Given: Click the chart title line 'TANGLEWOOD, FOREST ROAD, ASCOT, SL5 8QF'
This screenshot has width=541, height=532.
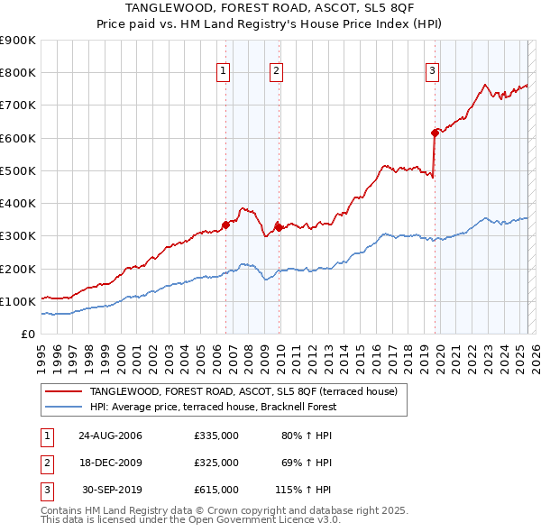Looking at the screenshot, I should tap(270, 7).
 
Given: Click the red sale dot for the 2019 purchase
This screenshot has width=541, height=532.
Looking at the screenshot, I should tap(435, 133).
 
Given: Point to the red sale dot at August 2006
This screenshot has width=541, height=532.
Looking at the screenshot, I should tap(226, 225).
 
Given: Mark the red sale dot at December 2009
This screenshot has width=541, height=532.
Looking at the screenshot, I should tap(280, 227).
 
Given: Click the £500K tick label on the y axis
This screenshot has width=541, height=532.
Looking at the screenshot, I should tap(18, 170).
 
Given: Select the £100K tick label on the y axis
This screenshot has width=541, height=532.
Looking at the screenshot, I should tap(18, 301).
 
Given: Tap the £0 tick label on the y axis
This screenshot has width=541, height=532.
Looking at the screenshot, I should tap(26, 334).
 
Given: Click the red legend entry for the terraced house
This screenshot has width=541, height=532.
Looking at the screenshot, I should tap(248, 391).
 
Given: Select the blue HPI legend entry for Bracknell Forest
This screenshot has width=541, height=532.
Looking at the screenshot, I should tap(212, 407).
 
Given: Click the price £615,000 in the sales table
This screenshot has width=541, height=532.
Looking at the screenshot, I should tap(215, 490).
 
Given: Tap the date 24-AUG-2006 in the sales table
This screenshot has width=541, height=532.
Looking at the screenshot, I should tap(111, 436).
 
